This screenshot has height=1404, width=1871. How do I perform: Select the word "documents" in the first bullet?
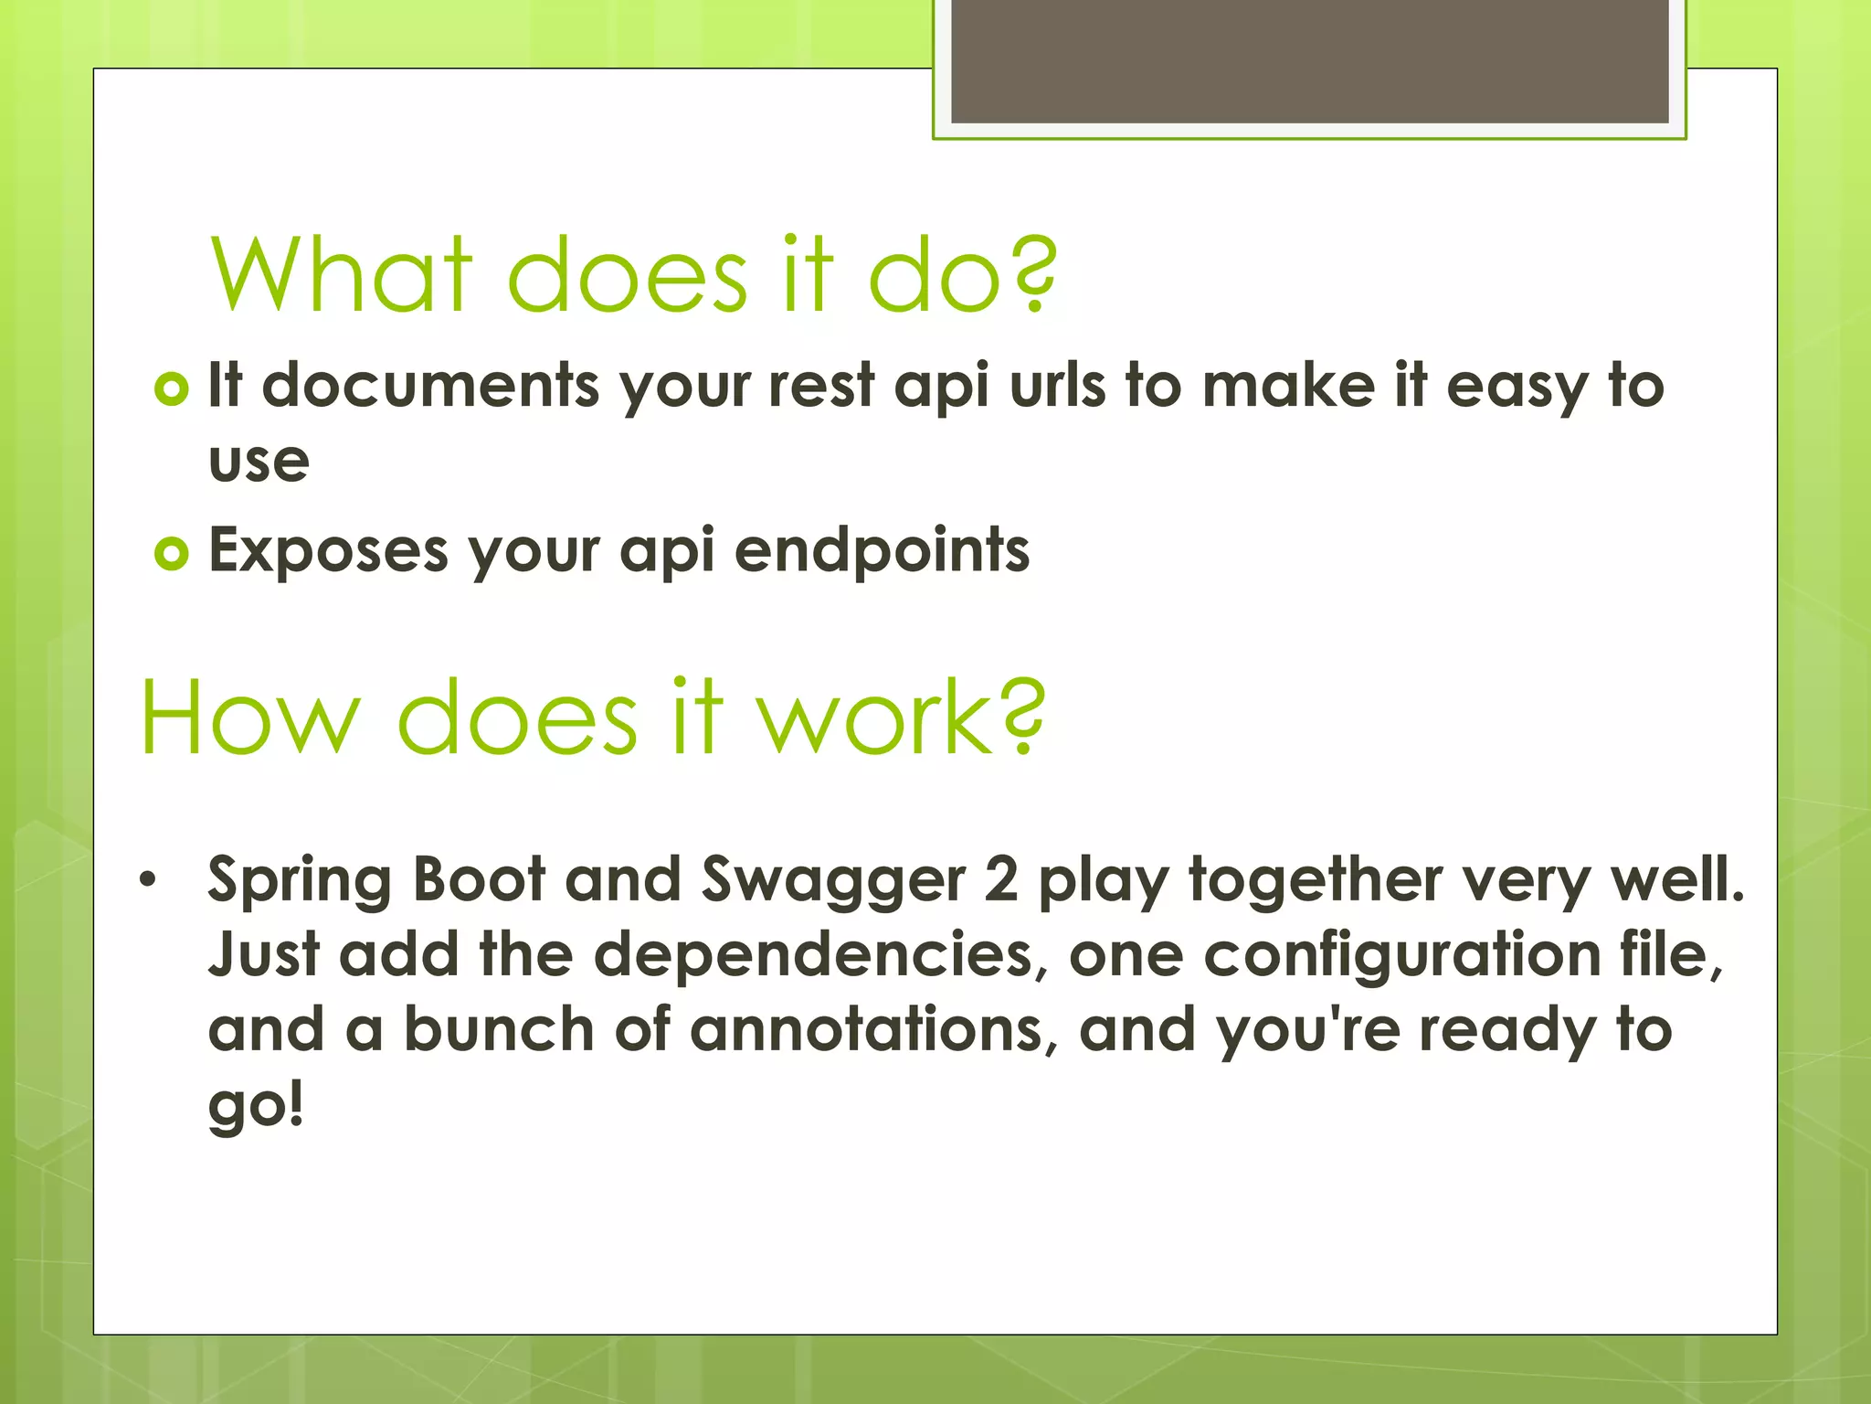click(x=430, y=386)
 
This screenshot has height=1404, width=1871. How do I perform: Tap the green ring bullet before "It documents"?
click(x=171, y=388)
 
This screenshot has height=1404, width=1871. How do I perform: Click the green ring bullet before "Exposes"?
click(x=171, y=553)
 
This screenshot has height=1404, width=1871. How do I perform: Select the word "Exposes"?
click(x=329, y=551)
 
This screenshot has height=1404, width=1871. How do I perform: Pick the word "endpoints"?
click(x=882, y=551)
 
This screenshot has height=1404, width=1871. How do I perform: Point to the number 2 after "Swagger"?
click(x=1001, y=880)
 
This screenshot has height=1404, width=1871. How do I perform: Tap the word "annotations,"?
click(x=873, y=1030)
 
